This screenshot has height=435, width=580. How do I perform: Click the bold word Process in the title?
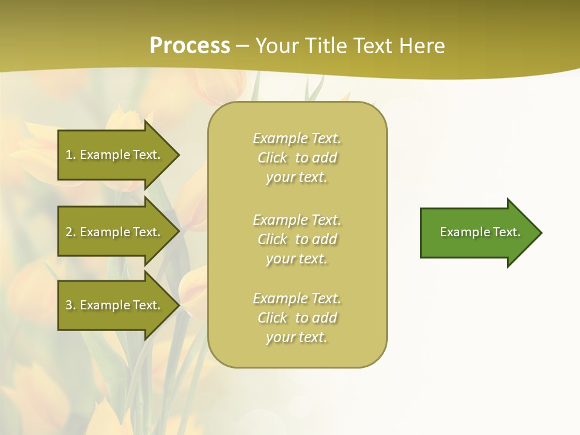pos(190,46)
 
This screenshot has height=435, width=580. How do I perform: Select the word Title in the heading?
pos(327,46)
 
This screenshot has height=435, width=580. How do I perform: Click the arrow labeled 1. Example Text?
pos(115,155)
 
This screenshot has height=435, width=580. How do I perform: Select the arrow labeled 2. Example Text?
pos(115,232)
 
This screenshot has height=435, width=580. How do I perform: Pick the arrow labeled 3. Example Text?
pos(115,305)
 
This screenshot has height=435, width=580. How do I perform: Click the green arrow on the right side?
pos(477,233)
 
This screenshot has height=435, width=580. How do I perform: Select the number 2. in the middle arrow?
pos(70,232)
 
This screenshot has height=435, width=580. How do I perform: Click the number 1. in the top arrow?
pos(70,155)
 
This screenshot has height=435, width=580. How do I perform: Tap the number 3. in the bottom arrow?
pos(70,305)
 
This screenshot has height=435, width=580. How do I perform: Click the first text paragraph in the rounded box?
pos(297,158)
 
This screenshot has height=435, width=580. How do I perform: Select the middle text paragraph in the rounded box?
pos(297,239)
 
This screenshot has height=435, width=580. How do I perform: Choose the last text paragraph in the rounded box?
pos(297,318)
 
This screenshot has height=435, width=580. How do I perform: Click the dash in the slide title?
pos(243,46)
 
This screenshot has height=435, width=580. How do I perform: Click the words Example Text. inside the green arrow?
pos(480,232)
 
